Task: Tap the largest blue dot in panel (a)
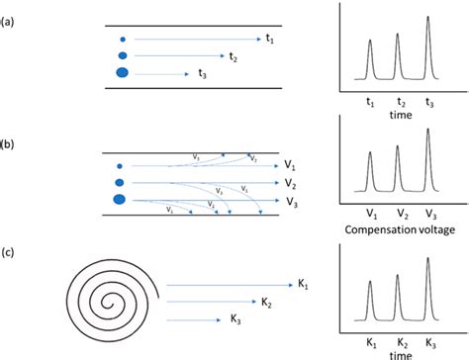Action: (122, 72)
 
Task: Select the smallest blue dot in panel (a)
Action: (121, 40)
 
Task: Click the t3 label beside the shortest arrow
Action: (202, 73)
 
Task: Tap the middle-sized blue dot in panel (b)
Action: (121, 183)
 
